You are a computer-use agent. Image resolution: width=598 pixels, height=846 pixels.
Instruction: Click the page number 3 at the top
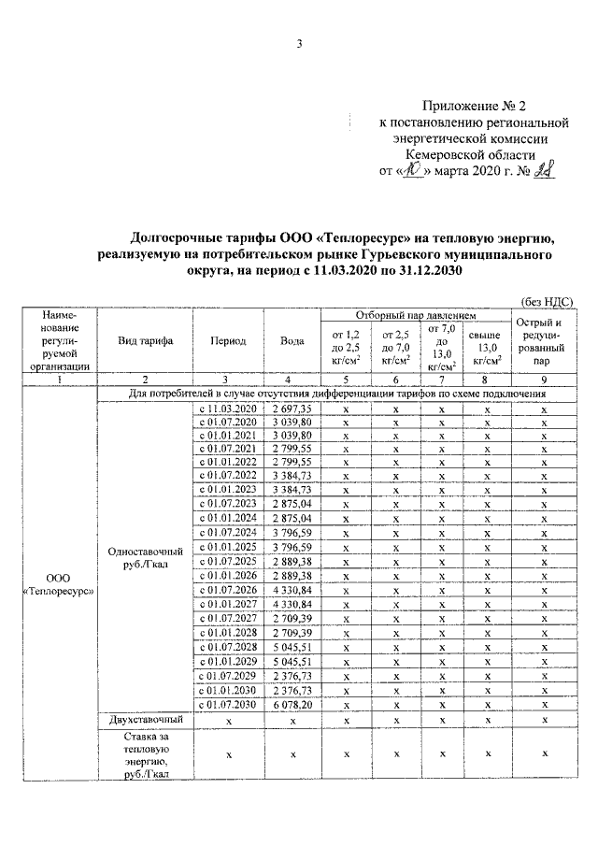pyautogui.click(x=299, y=42)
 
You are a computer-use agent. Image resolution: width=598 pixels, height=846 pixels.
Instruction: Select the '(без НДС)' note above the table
pyautogui.click(x=546, y=301)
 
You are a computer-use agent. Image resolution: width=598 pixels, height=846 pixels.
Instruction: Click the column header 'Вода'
pyautogui.click(x=292, y=341)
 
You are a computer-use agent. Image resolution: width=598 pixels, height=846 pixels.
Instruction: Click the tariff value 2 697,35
pyautogui.click(x=292, y=409)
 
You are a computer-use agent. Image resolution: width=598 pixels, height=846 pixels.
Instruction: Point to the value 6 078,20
pyautogui.click(x=292, y=704)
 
